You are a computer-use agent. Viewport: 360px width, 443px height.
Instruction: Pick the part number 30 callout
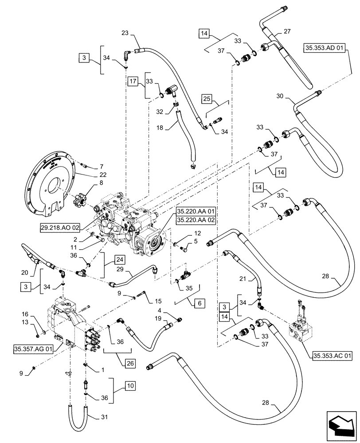279,97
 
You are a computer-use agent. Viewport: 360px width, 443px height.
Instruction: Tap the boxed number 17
133,81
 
